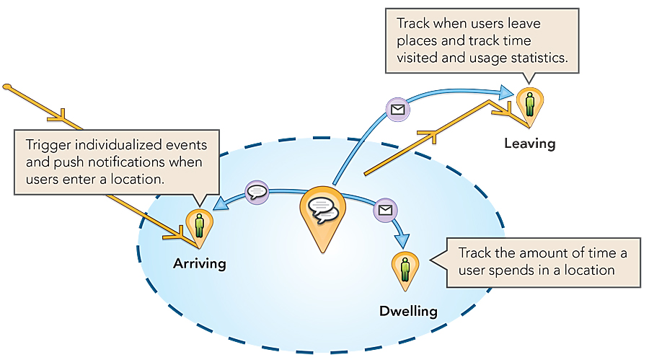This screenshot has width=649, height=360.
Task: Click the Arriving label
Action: (199, 263)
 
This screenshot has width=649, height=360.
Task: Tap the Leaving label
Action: (530, 144)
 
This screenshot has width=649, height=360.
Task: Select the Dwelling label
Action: (408, 312)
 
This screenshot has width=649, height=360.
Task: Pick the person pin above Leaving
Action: (530, 104)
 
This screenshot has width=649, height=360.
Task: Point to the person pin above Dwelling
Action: (406, 268)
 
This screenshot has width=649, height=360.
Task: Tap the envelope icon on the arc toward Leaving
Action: (397, 110)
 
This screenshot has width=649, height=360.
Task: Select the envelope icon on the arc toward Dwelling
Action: (386, 210)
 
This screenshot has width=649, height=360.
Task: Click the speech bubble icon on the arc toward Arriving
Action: (257, 193)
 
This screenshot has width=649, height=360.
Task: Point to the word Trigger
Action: (47, 145)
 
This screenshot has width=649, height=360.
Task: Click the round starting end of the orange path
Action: (6, 87)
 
